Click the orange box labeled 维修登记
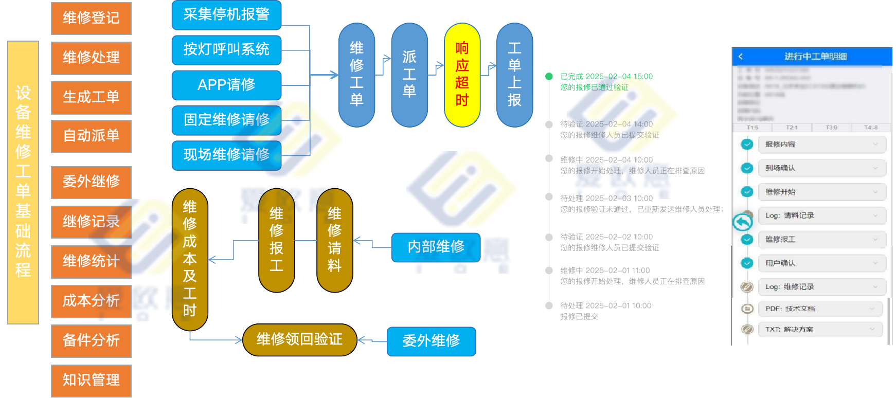click(x=91, y=18)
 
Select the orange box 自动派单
click(x=91, y=136)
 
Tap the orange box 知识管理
click(x=91, y=381)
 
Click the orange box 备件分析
click(x=91, y=340)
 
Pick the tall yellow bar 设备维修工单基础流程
click(x=23, y=182)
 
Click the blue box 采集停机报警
click(x=226, y=15)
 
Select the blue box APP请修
click(x=226, y=85)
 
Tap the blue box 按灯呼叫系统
click(x=226, y=50)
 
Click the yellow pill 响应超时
click(x=462, y=75)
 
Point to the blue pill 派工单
click(x=409, y=75)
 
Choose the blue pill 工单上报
click(x=514, y=75)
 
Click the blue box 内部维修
click(x=436, y=247)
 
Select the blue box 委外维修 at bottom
click(x=431, y=341)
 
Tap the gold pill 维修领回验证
click(x=299, y=339)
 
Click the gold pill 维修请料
click(x=334, y=240)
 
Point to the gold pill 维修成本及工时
click(x=190, y=259)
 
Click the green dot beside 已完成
click(x=549, y=77)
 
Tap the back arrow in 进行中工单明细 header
click(x=741, y=57)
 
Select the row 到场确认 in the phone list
click(x=821, y=168)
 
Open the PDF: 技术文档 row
click(x=820, y=309)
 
